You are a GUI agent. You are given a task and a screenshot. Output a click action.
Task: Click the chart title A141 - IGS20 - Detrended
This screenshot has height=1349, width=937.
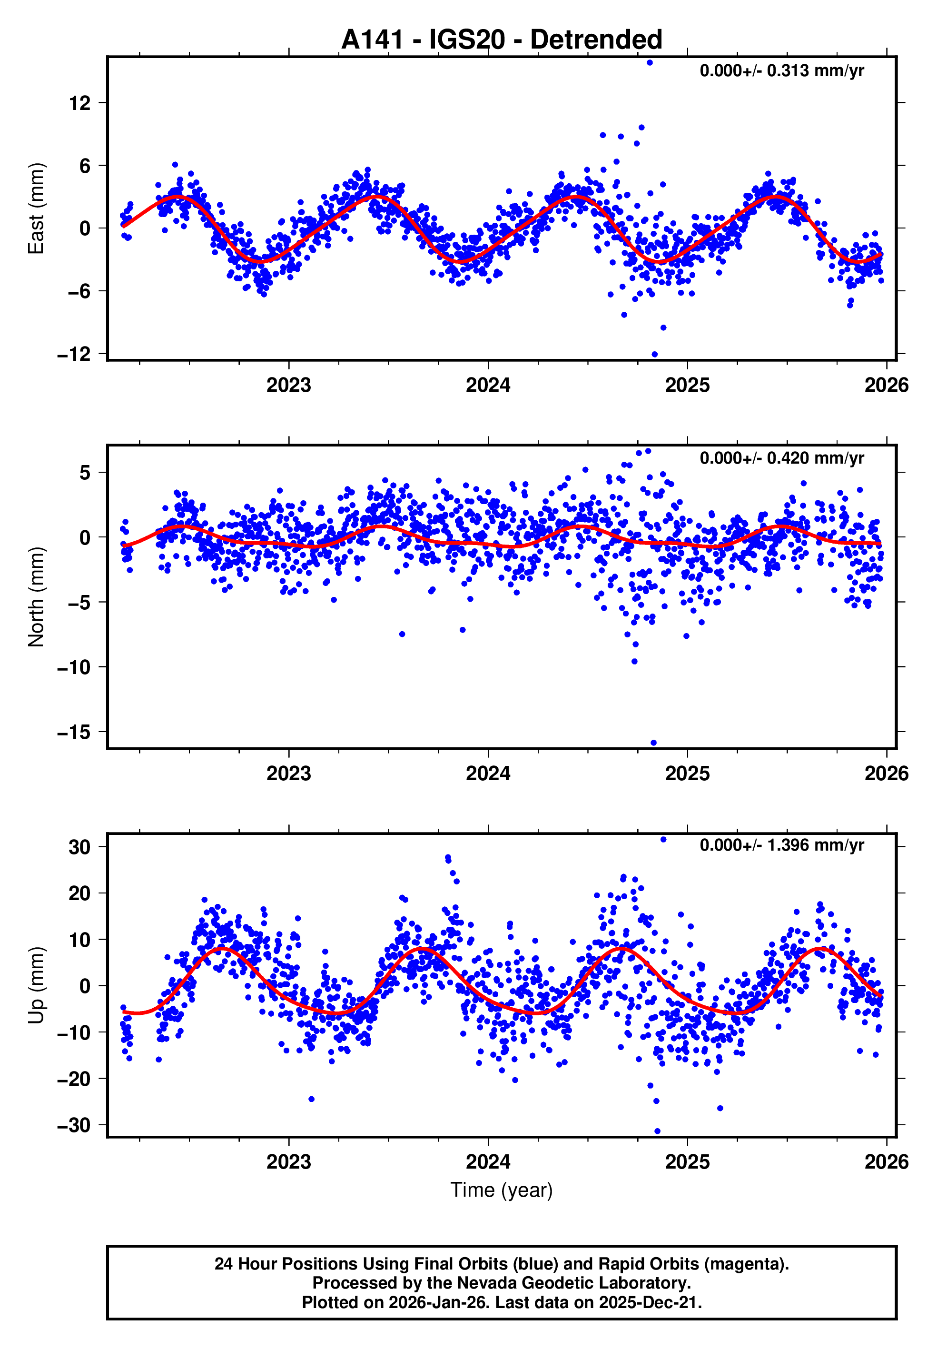(502, 40)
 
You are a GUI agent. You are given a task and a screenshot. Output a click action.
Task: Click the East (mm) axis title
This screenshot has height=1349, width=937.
(36, 208)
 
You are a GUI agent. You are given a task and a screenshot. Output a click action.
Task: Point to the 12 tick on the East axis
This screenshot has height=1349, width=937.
(80, 103)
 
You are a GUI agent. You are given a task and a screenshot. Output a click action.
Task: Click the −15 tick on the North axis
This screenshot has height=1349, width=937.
(75, 733)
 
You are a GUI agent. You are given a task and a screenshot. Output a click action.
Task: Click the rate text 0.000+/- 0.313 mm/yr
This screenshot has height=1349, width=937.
(781, 71)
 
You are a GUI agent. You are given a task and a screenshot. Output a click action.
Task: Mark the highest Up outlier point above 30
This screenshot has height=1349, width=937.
(663, 839)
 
